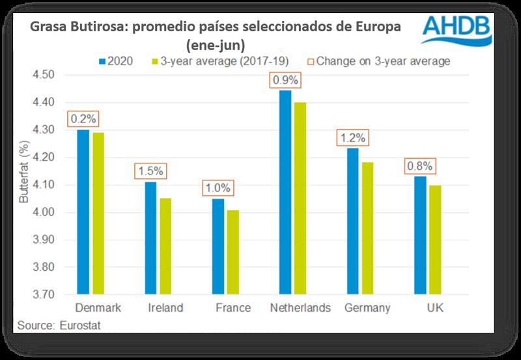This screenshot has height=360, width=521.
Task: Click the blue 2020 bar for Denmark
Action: click(83, 212)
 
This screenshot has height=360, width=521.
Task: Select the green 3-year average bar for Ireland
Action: click(165, 246)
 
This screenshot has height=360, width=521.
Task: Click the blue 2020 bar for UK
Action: click(420, 235)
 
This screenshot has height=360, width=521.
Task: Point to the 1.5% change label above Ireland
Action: click(151, 172)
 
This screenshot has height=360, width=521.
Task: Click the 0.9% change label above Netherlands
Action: click(285, 81)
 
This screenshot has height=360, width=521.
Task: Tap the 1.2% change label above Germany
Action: click(352, 138)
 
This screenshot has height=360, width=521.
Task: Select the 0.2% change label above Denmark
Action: click(83, 120)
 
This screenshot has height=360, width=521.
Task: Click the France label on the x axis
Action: click(232, 308)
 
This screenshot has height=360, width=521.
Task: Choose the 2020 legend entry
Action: click(117, 61)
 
